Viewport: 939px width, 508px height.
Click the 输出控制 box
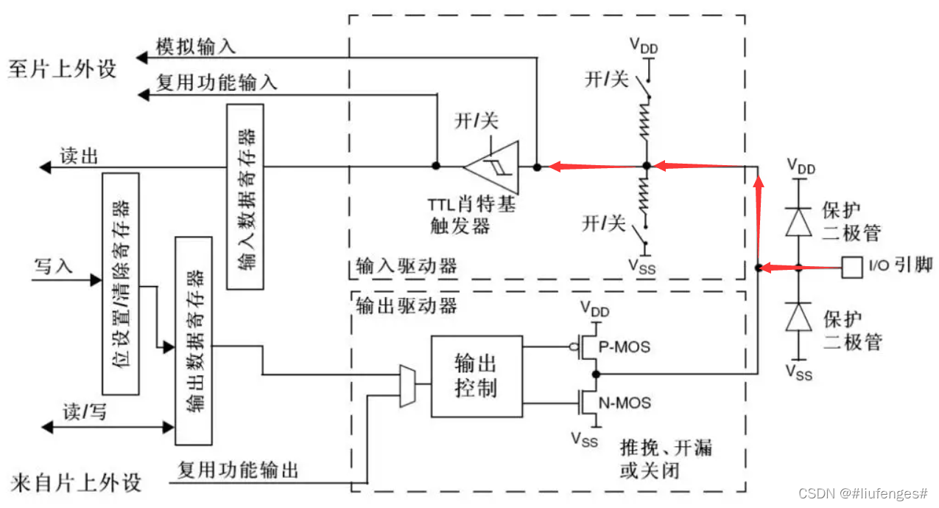coord(476,375)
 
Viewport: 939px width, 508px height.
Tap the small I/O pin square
coord(852,267)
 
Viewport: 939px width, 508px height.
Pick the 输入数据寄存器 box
coord(245,196)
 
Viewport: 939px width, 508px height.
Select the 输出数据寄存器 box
coord(194,340)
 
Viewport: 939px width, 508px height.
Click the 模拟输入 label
coord(196,46)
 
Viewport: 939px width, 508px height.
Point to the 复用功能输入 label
coord(217,82)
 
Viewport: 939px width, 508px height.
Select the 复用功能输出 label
coord(238,470)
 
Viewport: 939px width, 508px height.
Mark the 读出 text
coord(79,156)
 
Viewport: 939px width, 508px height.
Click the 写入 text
coord(53,265)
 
